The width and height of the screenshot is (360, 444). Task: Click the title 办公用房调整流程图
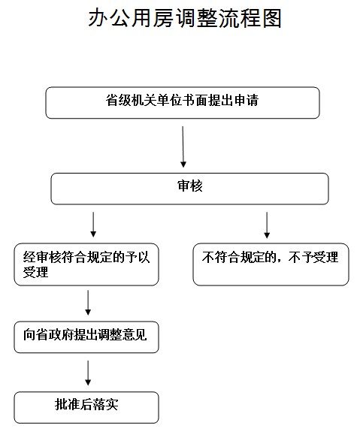click(x=185, y=18)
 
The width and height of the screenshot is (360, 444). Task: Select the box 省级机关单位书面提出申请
click(x=183, y=102)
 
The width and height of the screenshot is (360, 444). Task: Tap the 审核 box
click(x=190, y=189)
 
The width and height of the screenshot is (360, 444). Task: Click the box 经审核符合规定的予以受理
click(x=86, y=264)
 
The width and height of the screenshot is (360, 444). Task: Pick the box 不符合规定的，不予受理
click(x=271, y=264)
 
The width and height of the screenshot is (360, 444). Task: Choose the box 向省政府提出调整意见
click(x=86, y=337)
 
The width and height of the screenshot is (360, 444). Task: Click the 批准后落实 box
click(x=86, y=407)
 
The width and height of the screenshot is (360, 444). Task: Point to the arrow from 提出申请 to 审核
click(x=183, y=146)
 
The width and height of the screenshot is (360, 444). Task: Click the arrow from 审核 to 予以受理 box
click(x=93, y=225)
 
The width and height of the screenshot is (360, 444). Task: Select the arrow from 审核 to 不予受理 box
click(x=267, y=225)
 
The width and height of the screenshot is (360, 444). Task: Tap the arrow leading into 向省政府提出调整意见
click(x=88, y=303)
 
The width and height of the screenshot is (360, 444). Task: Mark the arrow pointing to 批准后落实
click(x=88, y=373)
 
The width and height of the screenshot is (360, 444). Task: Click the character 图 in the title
click(x=272, y=18)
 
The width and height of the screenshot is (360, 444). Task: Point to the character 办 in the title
click(x=98, y=18)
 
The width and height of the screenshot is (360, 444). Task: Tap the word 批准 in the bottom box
click(x=68, y=404)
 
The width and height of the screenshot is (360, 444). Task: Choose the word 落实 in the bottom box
click(x=105, y=404)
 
